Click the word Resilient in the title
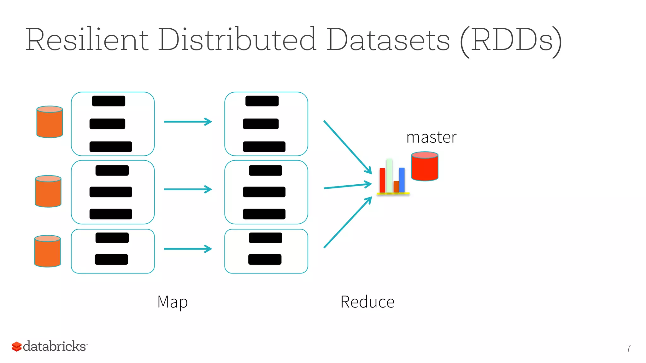(x=87, y=40)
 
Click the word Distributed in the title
(x=237, y=40)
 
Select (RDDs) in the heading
(x=511, y=41)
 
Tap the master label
(x=431, y=137)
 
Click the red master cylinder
(x=425, y=167)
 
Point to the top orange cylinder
(x=50, y=122)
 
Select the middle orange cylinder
(x=48, y=191)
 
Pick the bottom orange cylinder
(x=47, y=251)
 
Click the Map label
(x=173, y=302)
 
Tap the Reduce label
(x=367, y=302)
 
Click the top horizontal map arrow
(x=188, y=122)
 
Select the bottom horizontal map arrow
(x=188, y=249)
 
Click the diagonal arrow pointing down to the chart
(x=347, y=146)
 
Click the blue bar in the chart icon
(x=402, y=180)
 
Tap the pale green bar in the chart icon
(x=389, y=176)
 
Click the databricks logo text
(x=55, y=346)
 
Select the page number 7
(x=628, y=348)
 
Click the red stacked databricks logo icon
(x=16, y=347)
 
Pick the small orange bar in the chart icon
(x=396, y=186)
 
